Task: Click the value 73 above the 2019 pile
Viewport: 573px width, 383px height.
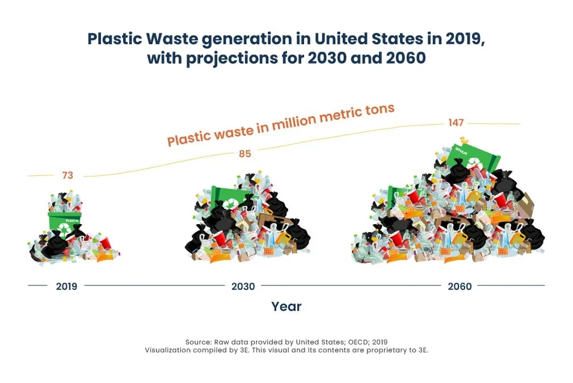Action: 68,175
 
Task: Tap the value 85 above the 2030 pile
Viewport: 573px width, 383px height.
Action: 245,154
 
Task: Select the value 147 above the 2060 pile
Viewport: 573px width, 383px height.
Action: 456,123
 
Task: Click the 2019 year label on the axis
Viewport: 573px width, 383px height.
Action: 66,286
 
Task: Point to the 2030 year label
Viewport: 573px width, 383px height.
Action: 243,286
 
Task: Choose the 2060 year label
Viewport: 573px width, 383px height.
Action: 460,286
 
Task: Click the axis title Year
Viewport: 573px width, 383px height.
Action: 286,306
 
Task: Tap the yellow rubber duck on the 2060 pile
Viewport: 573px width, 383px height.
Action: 464,140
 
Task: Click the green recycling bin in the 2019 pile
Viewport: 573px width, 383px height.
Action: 65,224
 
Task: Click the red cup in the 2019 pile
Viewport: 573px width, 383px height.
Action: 105,243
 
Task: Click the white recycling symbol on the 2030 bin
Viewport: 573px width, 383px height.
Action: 230,204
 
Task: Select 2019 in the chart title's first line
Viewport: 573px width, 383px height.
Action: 465,39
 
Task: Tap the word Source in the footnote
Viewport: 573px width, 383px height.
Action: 199,342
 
